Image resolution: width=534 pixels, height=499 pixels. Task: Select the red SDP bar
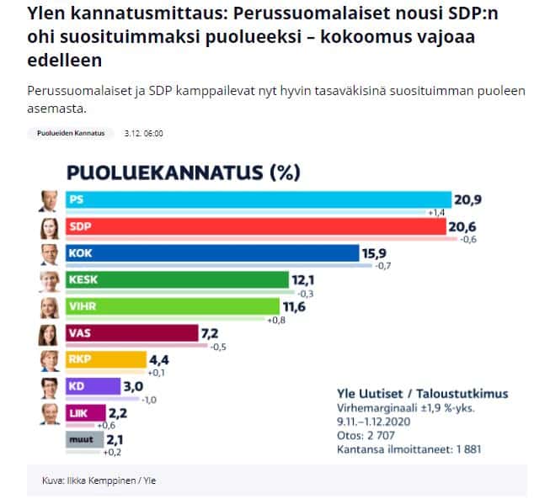tap(253, 227)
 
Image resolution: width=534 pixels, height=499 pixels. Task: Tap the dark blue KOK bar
tap(211, 253)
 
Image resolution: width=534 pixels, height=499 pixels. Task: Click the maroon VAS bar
tap(130, 334)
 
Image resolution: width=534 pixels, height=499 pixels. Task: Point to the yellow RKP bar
tap(104, 361)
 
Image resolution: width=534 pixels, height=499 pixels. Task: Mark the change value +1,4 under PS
tap(436, 214)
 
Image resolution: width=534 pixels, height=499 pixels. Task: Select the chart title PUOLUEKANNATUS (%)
tap(183, 173)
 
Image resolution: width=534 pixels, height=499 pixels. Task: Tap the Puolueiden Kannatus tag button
tap(72, 133)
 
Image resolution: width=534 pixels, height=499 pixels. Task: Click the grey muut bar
tap(82, 439)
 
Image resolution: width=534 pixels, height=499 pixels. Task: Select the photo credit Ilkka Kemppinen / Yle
tap(99, 480)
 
